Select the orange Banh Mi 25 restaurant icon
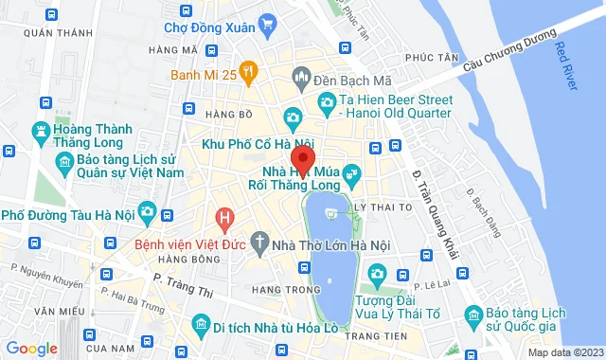tap(249, 69)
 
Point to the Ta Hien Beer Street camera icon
tap(327, 102)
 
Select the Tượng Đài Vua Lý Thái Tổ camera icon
tap(377, 276)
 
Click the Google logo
tap(31, 349)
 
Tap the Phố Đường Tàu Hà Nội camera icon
tap(147, 210)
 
